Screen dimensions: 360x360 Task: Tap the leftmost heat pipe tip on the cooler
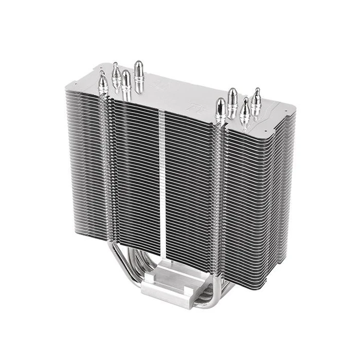click(103, 82)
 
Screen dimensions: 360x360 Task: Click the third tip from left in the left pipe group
click(126, 81)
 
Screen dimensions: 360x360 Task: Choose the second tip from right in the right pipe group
click(245, 108)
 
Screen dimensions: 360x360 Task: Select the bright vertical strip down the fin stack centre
click(163, 180)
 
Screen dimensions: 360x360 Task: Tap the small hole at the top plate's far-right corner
click(291, 108)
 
